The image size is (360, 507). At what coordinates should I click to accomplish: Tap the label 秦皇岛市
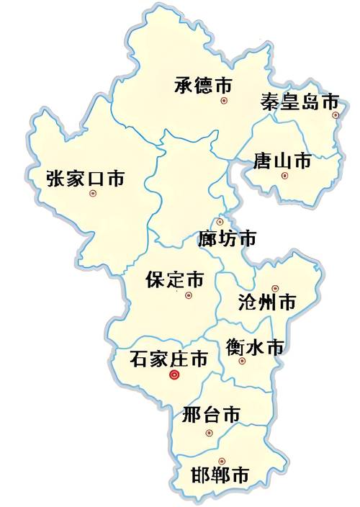pyautogui.click(x=299, y=100)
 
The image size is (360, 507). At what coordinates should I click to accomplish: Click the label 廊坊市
pyautogui.click(x=227, y=238)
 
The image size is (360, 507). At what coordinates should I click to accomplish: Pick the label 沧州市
pyautogui.click(x=266, y=302)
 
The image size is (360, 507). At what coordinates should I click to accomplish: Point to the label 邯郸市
pyautogui.click(x=221, y=475)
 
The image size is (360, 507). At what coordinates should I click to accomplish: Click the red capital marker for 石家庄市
pyautogui.click(x=174, y=374)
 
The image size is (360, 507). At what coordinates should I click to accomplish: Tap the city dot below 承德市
pyautogui.click(x=224, y=101)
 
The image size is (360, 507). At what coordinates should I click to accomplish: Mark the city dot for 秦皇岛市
pyautogui.click(x=335, y=115)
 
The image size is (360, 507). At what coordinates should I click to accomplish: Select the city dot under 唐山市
pyautogui.click(x=284, y=176)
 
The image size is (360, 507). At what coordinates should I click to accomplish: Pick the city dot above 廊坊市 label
pyautogui.click(x=220, y=222)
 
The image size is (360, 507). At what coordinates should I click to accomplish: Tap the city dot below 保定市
pyautogui.click(x=189, y=295)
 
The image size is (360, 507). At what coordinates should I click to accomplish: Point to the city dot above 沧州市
pyautogui.click(x=274, y=288)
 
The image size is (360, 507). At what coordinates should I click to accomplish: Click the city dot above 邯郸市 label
pyautogui.click(x=222, y=460)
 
